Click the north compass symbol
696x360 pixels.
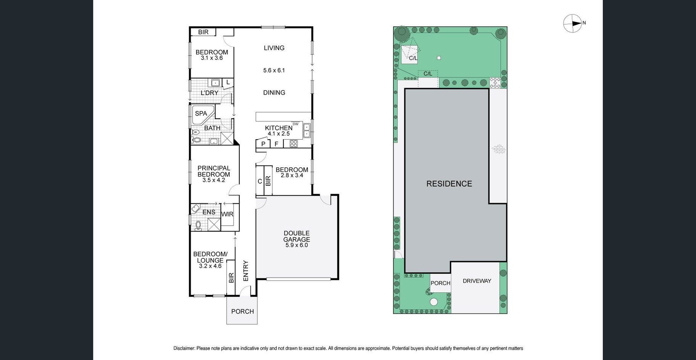572,23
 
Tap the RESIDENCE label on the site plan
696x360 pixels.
449,184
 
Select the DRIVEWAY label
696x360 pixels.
477,281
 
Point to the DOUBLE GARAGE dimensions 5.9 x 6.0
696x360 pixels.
296,245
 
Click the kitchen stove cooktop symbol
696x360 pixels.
293,144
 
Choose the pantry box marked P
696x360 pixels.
263,143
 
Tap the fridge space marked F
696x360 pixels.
277,144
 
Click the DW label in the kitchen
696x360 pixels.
295,124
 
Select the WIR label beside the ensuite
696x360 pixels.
227,214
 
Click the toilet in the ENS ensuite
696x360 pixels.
198,225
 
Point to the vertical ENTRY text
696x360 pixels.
246,271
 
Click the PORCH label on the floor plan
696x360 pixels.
242,312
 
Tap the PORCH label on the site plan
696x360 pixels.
440,283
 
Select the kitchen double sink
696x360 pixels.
307,130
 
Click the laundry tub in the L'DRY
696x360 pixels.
215,83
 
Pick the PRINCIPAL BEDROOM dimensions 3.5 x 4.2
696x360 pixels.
214,180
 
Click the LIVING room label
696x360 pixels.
274,48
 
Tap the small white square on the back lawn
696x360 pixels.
439,58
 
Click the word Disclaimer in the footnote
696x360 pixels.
184,348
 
